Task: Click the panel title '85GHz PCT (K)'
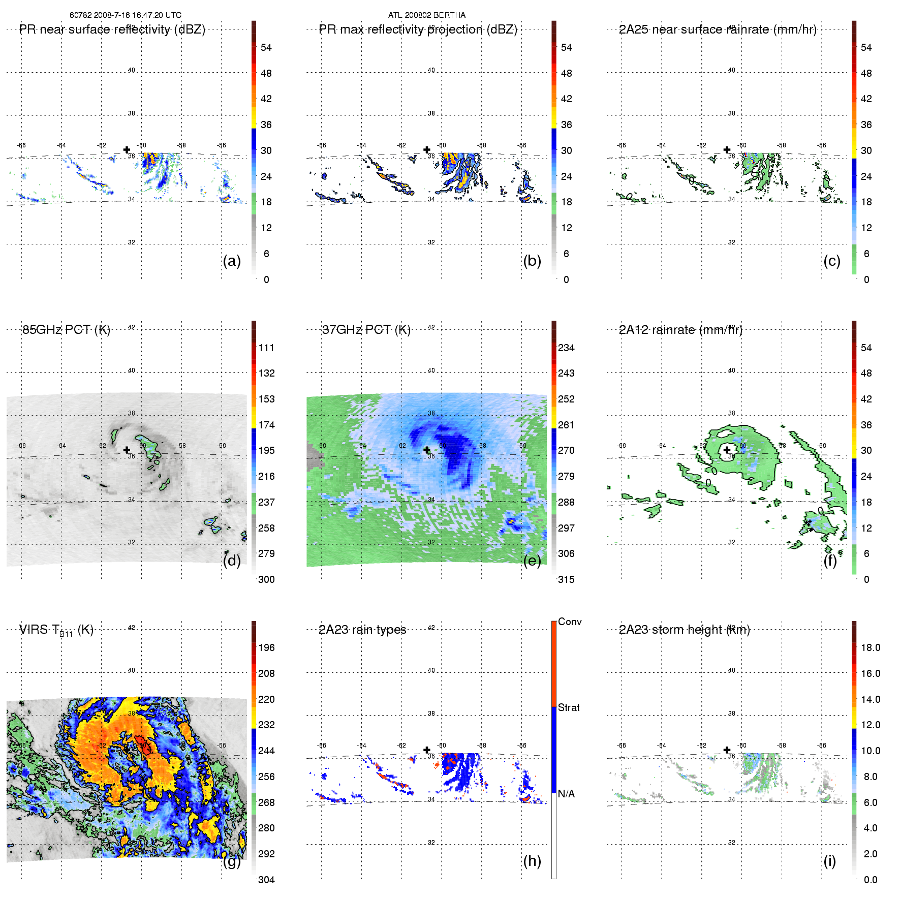point(66,330)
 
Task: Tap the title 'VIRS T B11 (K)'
point(56,630)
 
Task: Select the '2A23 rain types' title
point(362,630)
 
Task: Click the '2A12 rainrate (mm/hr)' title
point(680,330)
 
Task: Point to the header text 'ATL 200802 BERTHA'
point(427,15)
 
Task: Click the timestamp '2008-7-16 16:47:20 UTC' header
point(137,15)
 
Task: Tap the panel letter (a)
point(232,261)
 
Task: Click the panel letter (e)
point(532,561)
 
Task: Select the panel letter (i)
point(830,861)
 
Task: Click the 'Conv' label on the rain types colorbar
point(570,622)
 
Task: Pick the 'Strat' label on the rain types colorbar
point(569,708)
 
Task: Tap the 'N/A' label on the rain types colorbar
point(566,794)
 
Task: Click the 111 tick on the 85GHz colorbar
point(266,348)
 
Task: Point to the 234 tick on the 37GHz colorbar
point(566,348)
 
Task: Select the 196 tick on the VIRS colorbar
point(266,648)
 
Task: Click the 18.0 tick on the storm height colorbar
point(871,648)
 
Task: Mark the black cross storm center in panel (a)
point(127,150)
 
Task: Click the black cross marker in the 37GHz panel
point(427,450)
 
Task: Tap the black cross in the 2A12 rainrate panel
point(727,450)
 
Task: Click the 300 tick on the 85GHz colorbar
point(266,580)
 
